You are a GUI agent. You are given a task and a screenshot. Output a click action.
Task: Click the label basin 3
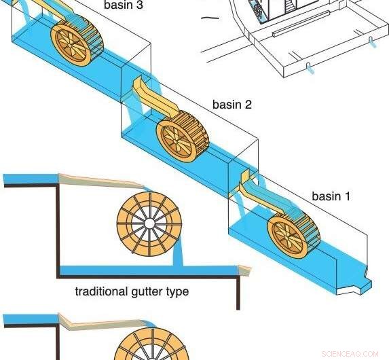pyautogui.click(x=124, y=6)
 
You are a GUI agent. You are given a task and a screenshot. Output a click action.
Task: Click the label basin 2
pyautogui.click(x=231, y=105)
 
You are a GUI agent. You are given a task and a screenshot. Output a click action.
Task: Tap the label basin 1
pyautogui.click(x=331, y=196)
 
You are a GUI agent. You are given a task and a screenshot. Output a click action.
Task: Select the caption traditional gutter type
pyautogui.click(x=132, y=292)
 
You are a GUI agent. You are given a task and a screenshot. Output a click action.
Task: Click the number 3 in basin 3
pyautogui.click(x=140, y=6)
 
